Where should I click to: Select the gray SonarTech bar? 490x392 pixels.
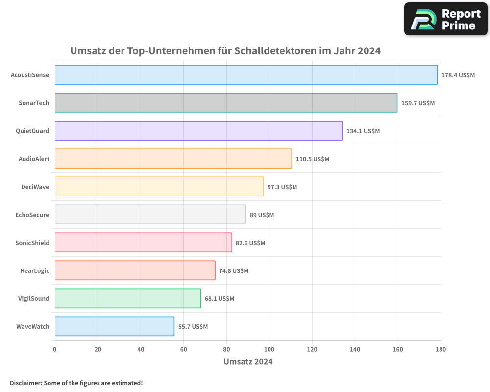[226, 103]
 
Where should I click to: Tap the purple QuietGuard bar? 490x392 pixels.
[198, 131]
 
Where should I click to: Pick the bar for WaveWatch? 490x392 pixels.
[115, 326]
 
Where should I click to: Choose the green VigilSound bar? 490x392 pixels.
[128, 298]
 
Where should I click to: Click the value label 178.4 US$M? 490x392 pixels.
[458, 75]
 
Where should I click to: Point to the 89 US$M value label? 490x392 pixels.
[262, 215]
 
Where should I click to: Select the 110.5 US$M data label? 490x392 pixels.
[313, 159]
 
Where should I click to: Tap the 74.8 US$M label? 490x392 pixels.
[234, 271]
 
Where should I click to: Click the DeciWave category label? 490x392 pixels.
[35, 187]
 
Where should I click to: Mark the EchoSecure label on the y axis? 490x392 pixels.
[32, 215]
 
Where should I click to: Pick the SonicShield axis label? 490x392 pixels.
[32, 243]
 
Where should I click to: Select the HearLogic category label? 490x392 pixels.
[34, 270]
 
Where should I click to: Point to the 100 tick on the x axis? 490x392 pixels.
[269, 349]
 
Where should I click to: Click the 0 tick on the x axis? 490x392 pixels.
[55, 349]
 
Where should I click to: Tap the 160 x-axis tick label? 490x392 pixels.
[398, 349]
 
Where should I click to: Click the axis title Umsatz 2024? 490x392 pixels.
[248, 362]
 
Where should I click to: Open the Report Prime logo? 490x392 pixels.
[445, 19]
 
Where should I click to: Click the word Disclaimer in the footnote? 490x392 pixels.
[25, 383]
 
